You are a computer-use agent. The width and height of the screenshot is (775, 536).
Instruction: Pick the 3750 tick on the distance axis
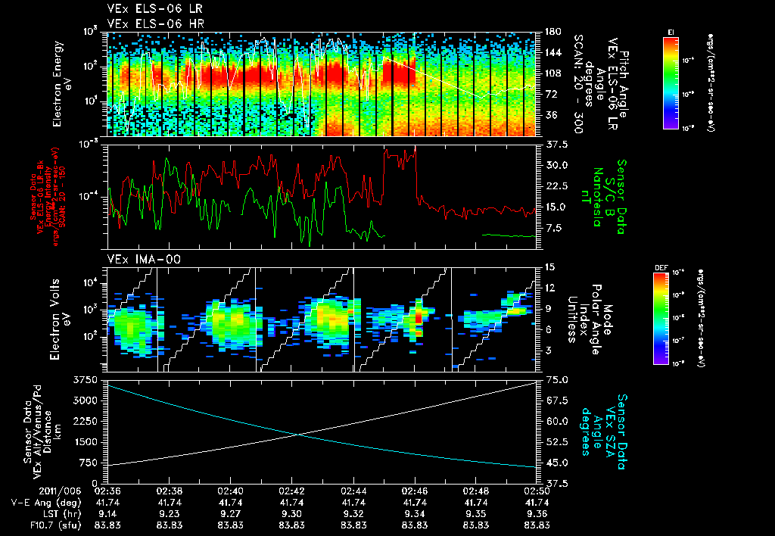pyautogui.click(x=84, y=379)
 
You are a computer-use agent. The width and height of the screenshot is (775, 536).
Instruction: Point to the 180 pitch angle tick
pyautogui.click(x=552, y=32)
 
